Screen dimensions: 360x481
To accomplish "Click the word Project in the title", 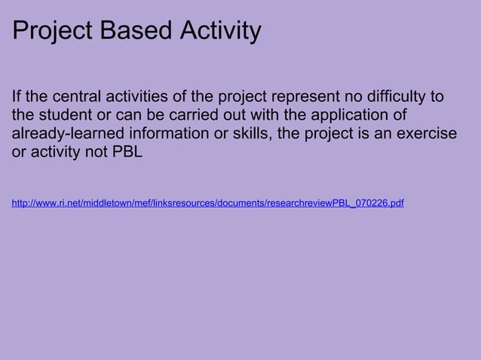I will coord(53,32).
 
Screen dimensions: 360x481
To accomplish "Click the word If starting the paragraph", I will coord(17,98).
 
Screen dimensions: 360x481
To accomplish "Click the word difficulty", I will coord(391,98).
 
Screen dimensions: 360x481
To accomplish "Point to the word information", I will coord(170,135).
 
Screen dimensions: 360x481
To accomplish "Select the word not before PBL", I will coord(94,153).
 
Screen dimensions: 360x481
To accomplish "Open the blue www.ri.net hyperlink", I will coord(207,203).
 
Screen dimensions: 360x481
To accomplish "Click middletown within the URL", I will coord(105,203).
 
